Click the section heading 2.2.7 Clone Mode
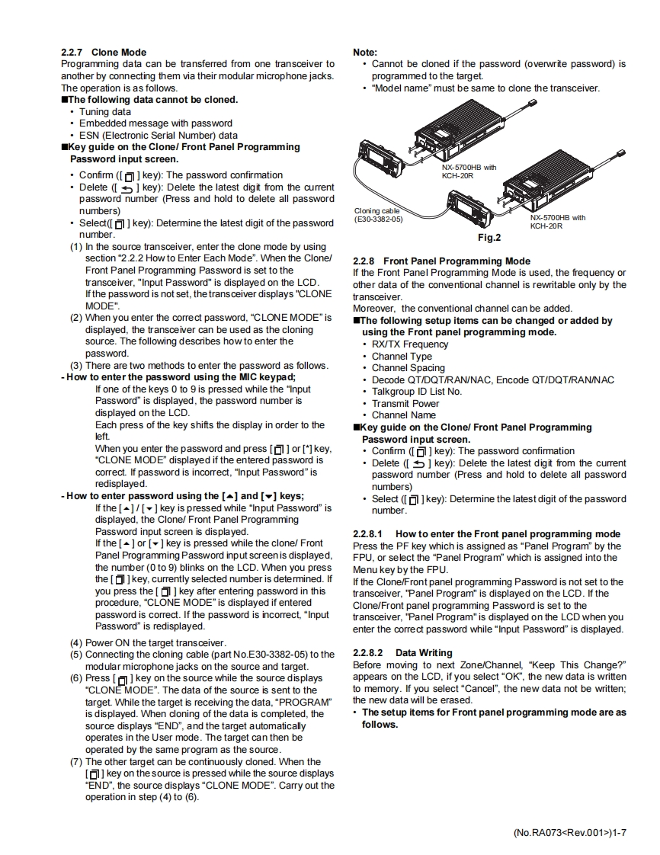(104, 53)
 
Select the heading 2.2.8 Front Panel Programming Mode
(442, 261)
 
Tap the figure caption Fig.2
(489, 238)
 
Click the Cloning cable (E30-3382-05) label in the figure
(379, 215)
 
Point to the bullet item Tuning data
(105, 111)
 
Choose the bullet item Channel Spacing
(408, 368)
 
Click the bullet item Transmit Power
(405, 403)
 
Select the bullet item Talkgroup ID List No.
(416, 392)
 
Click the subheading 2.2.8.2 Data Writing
(403, 653)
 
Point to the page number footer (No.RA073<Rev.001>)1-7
(569, 832)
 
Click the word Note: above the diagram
(365, 53)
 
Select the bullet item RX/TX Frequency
(410, 344)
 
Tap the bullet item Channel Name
(404, 415)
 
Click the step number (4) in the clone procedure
(76, 642)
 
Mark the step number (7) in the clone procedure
(76, 761)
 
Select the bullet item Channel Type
(402, 357)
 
